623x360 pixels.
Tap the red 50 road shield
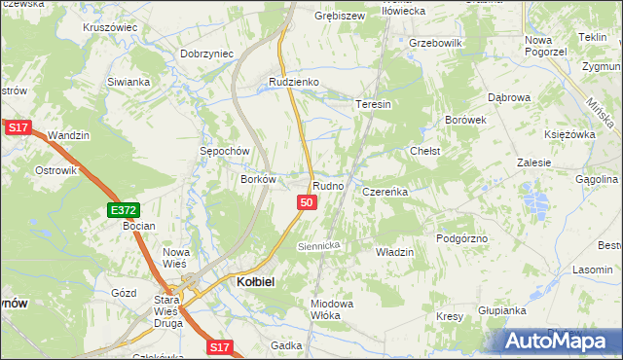click(x=307, y=202)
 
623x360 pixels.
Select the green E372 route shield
click(x=124, y=209)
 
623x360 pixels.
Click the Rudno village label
click(x=328, y=185)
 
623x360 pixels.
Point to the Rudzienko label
click(x=295, y=83)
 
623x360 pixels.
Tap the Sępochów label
click(x=226, y=152)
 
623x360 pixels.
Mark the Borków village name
click(x=260, y=179)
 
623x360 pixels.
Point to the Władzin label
click(x=394, y=252)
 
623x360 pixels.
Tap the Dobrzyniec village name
click(x=207, y=54)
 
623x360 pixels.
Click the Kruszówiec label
click(x=110, y=27)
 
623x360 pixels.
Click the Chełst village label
click(x=425, y=152)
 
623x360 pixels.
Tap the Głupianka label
click(x=502, y=310)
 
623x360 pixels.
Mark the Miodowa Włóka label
click(x=331, y=308)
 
